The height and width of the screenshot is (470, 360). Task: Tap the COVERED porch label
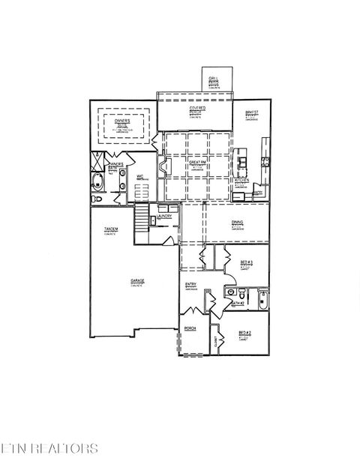(197, 108)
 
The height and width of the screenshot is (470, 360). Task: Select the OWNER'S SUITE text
(122, 122)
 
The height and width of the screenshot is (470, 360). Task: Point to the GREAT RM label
(197, 163)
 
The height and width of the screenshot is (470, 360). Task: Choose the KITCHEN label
(241, 180)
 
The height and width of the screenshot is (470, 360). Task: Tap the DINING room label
(237, 222)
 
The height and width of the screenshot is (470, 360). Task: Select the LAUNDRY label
(165, 217)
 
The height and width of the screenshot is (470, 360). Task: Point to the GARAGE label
(136, 281)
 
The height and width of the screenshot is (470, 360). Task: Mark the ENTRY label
(191, 285)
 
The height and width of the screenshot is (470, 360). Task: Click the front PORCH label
(190, 328)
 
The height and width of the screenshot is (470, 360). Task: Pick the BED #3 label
(246, 262)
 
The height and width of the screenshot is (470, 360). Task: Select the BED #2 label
(244, 333)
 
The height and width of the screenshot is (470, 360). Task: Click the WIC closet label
(140, 178)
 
